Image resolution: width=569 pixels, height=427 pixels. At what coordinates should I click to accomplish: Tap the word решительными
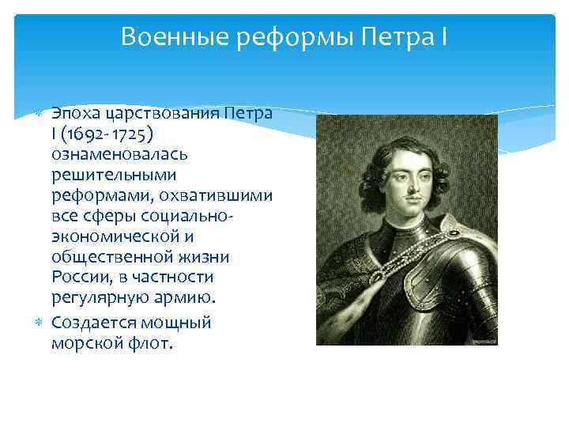pos(113,174)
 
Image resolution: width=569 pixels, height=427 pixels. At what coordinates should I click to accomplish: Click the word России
pos(80,277)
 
